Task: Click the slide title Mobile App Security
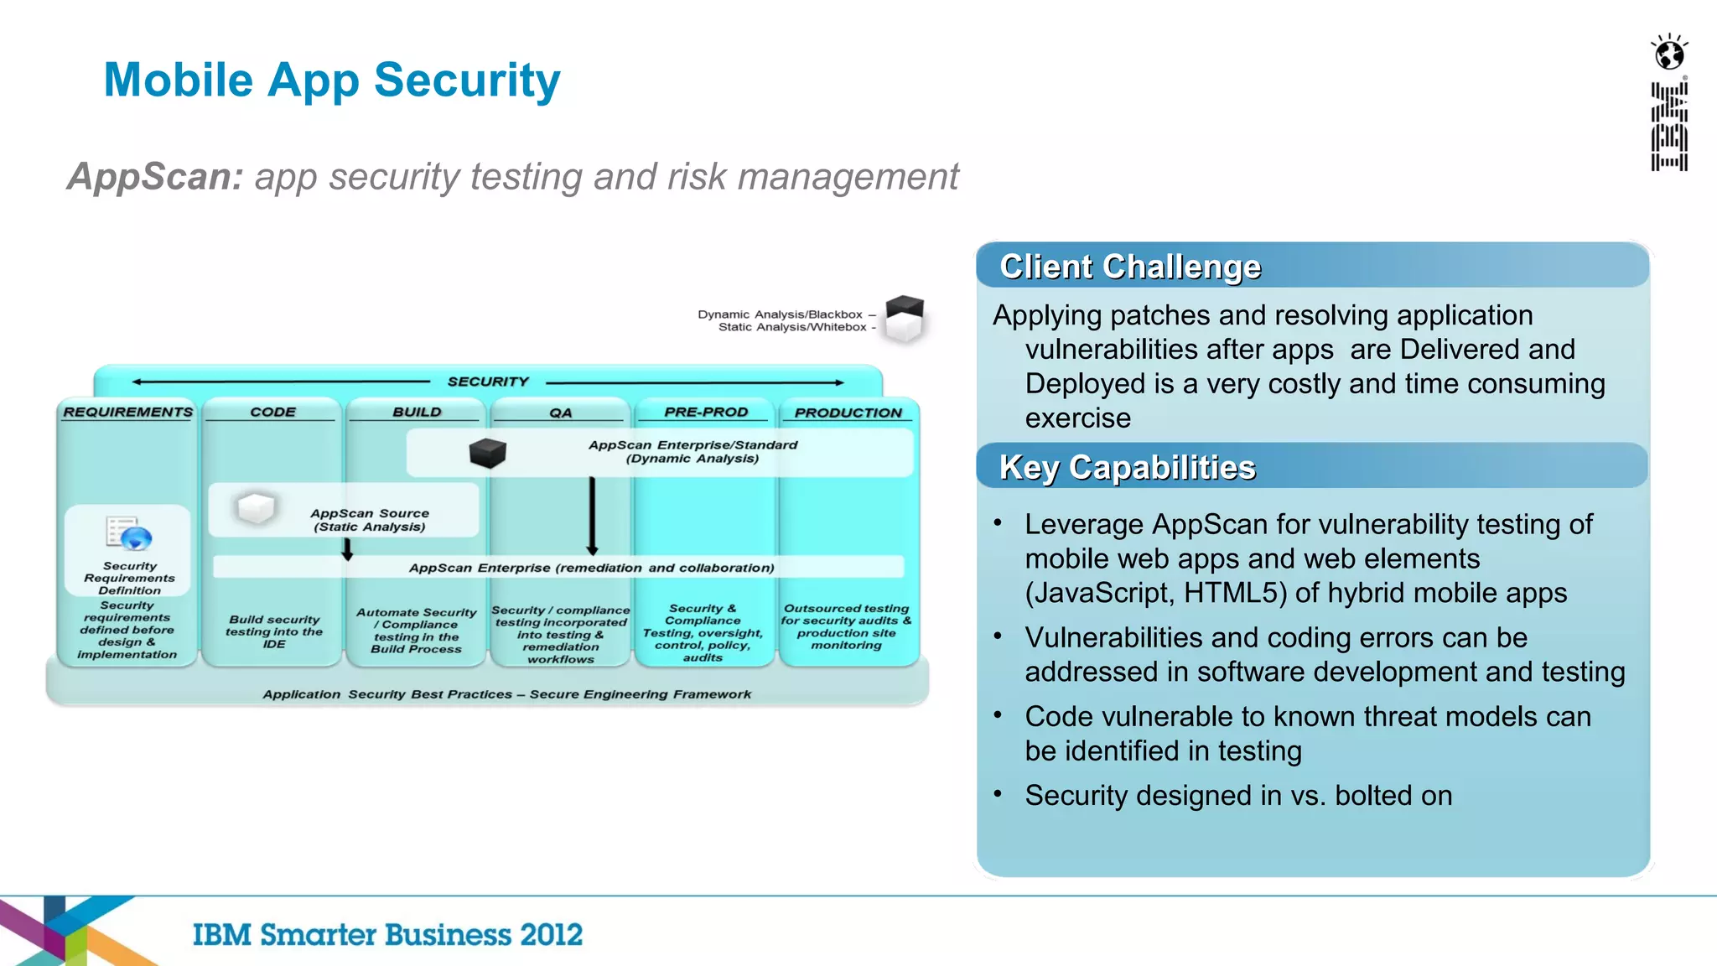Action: [332, 80]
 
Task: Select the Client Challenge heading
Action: [1130, 267]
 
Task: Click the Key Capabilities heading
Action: [1127, 467]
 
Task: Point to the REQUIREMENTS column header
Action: [128, 412]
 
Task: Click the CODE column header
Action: [272, 412]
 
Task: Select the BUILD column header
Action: [417, 412]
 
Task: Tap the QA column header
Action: [560, 413]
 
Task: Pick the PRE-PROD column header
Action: [705, 412]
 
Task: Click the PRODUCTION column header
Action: [848, 413]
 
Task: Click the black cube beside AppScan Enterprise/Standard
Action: [487, 453]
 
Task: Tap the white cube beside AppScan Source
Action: [256, 508]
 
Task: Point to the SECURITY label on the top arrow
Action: [488, 382]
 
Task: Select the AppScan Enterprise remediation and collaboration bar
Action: [591, 568]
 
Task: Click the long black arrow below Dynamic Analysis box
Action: [592, 516]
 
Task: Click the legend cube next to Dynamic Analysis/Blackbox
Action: [905, 318]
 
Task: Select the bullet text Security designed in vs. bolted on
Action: [1237, 795]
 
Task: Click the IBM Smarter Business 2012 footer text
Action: [387, 934]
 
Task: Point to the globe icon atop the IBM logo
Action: [1669, 54]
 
